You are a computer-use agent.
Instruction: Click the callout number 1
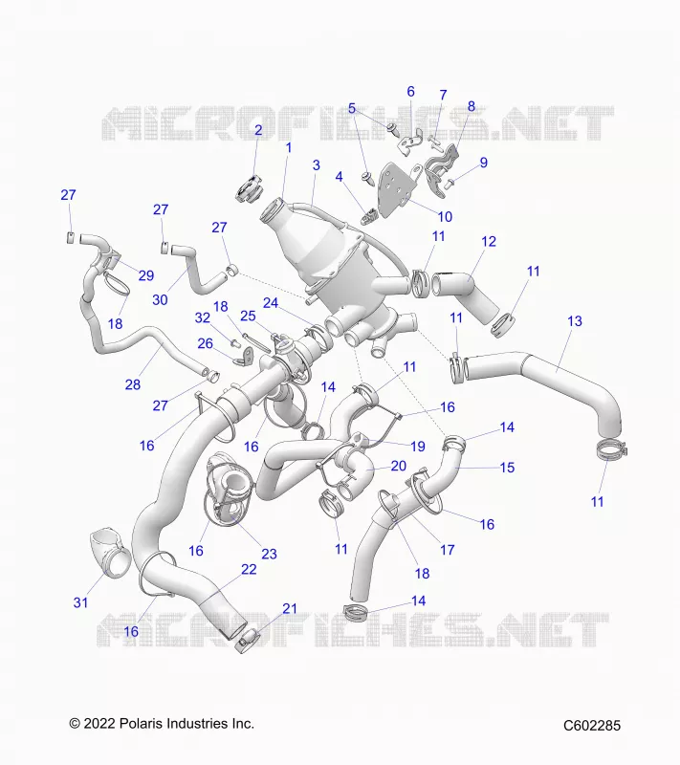(288, 147)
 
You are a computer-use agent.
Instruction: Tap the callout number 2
(258, 130)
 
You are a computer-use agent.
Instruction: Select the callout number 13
(575, 321)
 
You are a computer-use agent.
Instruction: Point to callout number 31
(80, 602)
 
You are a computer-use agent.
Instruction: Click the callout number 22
(249, 569)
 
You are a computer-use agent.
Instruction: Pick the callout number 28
(133, 384)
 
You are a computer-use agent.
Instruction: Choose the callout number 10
(445, 216)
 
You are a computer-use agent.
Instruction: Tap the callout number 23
(269, 554)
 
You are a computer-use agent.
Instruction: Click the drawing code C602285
(592, 726)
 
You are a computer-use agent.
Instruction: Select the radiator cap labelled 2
(249, 189)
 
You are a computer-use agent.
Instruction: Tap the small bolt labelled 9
(450, 184)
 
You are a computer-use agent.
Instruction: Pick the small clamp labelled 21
(247, 641)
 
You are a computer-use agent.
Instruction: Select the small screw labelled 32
(235, 342)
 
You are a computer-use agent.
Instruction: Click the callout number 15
(507, 468)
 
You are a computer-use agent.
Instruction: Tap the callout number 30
(160, 299)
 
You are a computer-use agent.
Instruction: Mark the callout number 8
(472, 106)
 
